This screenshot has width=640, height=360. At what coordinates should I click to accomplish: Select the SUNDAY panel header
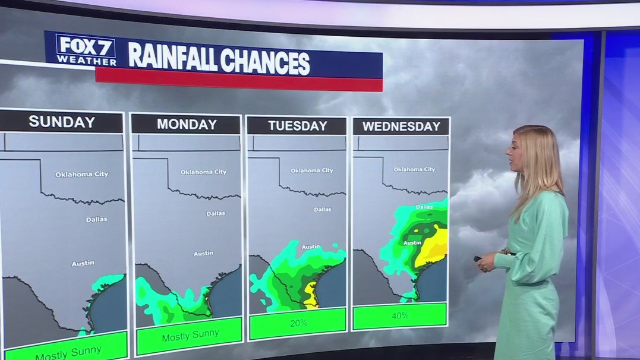(x=62, y=122)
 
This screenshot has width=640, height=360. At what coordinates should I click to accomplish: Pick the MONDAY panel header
(x=187, y=124)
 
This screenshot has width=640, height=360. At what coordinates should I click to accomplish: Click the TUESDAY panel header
(x=297, y=126)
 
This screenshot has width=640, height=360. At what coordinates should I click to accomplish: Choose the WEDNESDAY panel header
(x=401, y=127)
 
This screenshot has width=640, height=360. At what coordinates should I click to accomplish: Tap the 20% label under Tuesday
(x=298, y=323)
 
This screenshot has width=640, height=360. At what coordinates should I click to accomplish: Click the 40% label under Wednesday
(x=400, y=315)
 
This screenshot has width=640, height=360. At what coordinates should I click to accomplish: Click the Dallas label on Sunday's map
(x=96, y=219)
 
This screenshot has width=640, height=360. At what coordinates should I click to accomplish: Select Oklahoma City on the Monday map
(x=203, y=172)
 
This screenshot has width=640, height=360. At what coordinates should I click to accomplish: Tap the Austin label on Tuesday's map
(x=310, y=247)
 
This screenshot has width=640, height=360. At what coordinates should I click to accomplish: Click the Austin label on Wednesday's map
(x=412, y=242)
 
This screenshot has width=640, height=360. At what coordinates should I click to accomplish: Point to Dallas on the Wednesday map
(x=424, y=207)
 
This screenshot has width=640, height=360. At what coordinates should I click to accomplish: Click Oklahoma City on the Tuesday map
(x=312, y=170)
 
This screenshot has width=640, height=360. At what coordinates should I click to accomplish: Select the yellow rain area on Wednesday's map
(x=433, y=247)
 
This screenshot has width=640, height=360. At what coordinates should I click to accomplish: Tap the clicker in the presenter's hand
(x=478, y=258)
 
